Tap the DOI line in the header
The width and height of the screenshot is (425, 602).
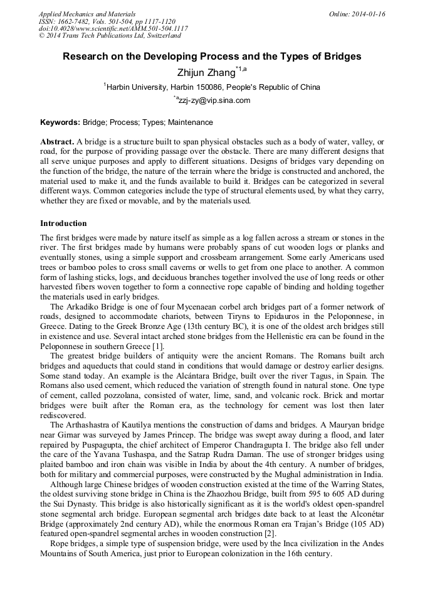click(113, 29)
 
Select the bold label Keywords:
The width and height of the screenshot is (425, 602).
click(60, 122)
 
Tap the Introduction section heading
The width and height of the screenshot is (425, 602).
click(63, 223)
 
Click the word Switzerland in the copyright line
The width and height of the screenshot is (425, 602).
click(158, 36)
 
